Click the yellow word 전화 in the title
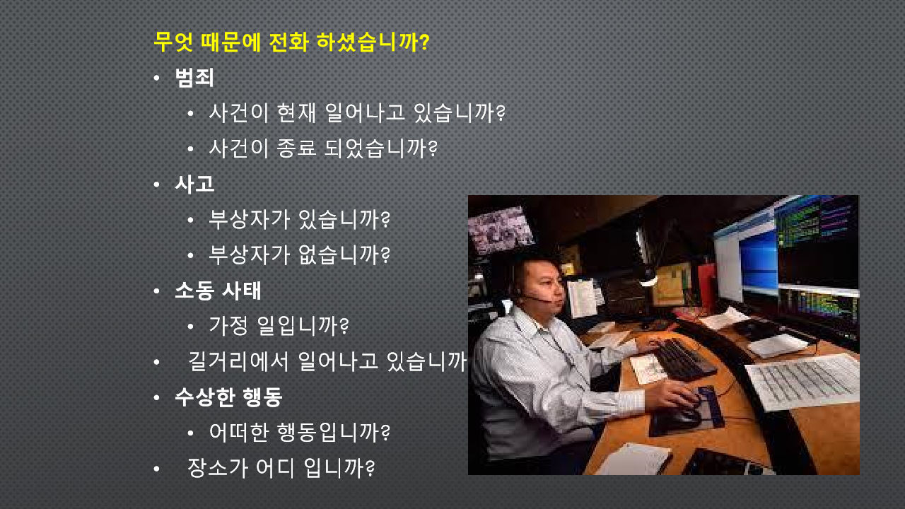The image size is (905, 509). [x=289, y=42]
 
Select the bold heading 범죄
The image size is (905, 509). [x=194, y=78]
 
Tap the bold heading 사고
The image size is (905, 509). [x=194, y=185]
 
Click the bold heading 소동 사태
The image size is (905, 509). [x=218, y=291]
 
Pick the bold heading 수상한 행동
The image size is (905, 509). [x=228, y=397]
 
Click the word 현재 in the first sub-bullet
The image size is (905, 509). [x=296, y=112]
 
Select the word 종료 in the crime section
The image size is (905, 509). [x=296, y=148]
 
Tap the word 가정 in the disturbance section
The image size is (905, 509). [x=228, y=326]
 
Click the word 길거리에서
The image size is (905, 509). [x=239, y=361]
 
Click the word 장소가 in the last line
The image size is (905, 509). [x=218, y=468]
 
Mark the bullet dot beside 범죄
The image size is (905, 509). [x=157, y=78]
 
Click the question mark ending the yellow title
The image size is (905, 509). [x=424, y=42]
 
